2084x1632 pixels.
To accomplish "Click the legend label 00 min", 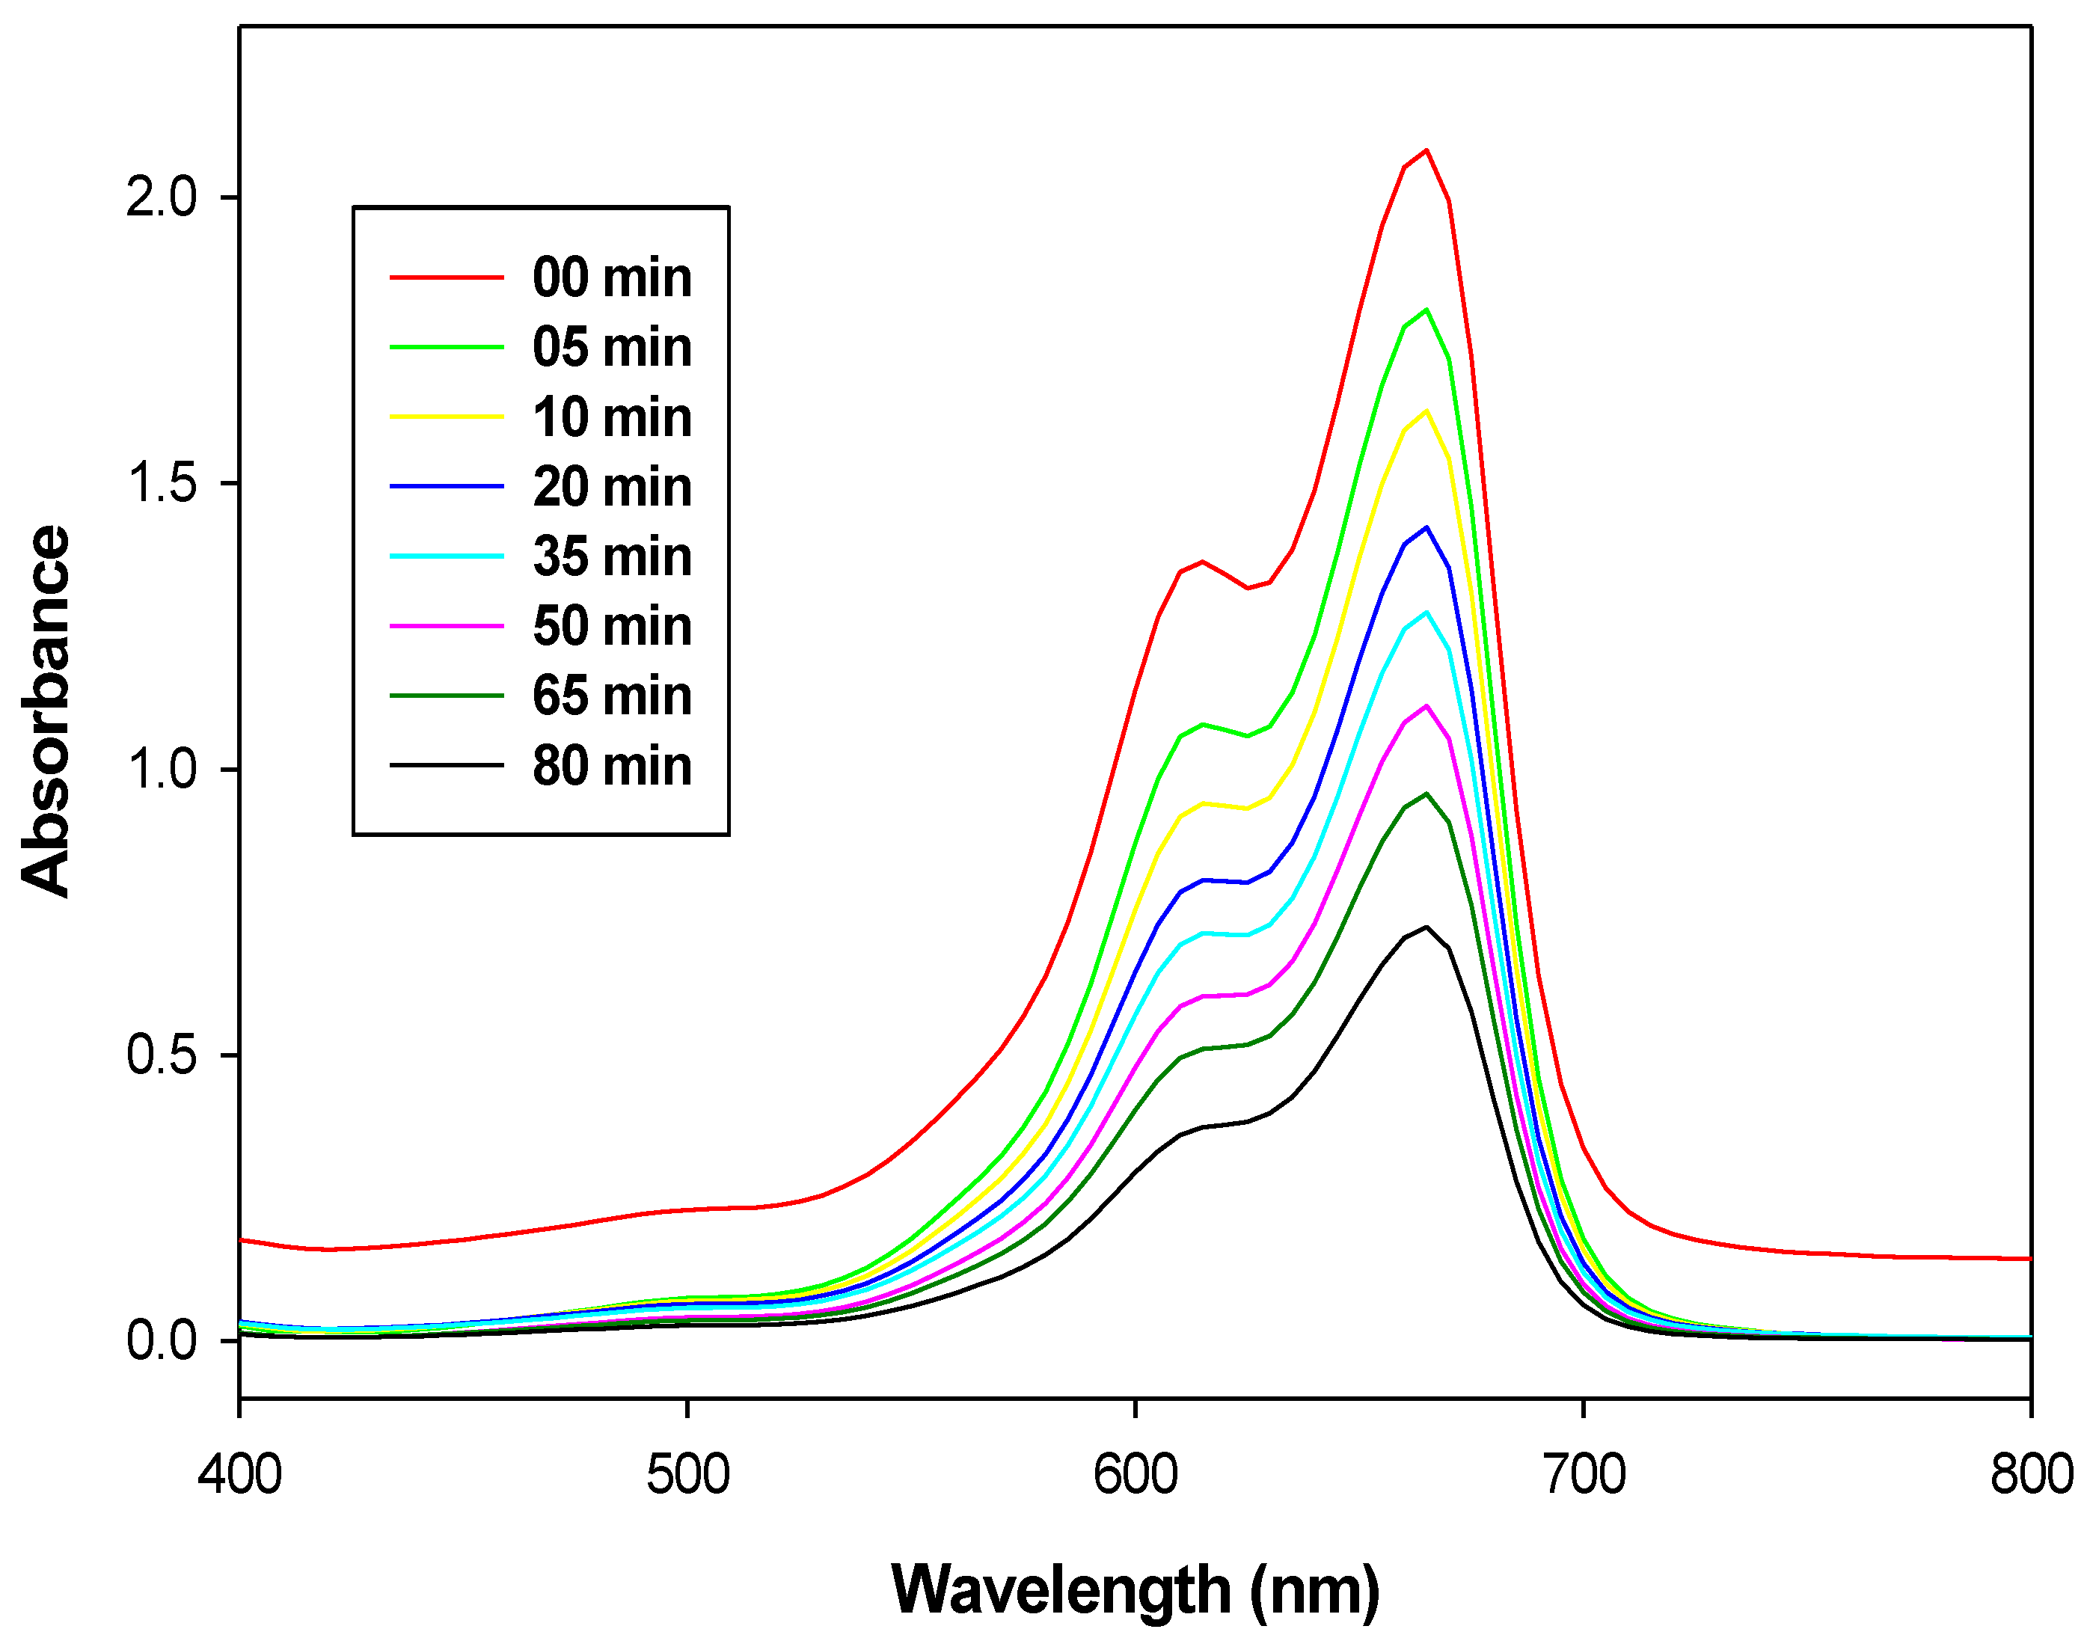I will tap(612, 278).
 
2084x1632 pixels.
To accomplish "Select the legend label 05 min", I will tap(612, 348).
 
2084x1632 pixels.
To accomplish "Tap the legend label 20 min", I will tap(612, 488).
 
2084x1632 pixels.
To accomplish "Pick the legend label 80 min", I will tap(612, 767).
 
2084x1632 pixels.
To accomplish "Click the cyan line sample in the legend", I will tap(447, 556).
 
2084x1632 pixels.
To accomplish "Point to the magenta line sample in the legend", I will tap(447, 626).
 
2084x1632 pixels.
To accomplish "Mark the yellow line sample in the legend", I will tap(447, 417).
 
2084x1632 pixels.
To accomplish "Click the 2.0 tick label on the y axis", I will tap(161, 197).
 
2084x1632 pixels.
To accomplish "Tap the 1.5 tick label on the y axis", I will tap(161, 483).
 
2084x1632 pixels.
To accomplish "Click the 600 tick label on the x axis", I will tap(1136, 1474).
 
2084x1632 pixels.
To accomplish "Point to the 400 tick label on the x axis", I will tap(240, 1474).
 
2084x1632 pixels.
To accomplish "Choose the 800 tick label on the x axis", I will tap(2030, 1474).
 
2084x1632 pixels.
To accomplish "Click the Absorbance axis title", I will tap(46, 712).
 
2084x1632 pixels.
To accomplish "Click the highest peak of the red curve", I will tap(1426, 150).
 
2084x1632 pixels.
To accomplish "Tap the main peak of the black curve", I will tap(1426, 927).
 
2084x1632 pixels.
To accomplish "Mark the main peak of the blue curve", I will tap(1426, 527).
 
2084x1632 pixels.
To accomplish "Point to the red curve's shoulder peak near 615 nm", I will tap(1202, 562).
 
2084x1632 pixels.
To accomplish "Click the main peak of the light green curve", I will tap(1426, 310).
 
